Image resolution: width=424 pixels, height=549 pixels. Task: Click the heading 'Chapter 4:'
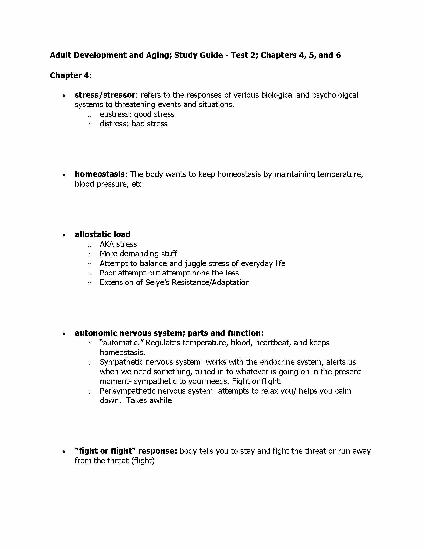[71, 75]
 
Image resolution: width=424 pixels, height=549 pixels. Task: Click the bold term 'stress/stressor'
[105, 95]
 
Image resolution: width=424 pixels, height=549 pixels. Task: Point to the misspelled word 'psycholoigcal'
[335, 95]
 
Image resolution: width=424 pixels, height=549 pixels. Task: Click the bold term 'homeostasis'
[100, 174]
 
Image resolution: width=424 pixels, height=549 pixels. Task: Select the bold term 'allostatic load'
[103, 234]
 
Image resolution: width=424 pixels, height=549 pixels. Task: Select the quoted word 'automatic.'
[121, 343]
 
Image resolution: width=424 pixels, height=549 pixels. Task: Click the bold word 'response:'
[157, 451]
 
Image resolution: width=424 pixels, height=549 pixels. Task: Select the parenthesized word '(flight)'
[143, 461]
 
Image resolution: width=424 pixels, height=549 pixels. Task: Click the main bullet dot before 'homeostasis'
[64, 175]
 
